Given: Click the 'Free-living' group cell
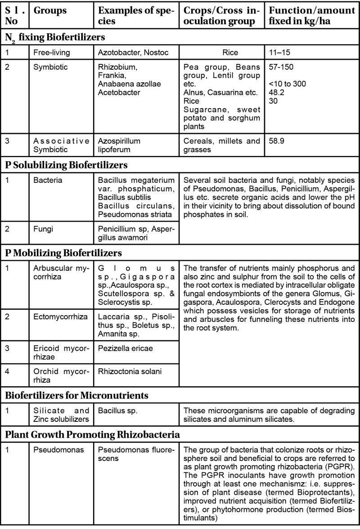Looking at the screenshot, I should coord(52,53).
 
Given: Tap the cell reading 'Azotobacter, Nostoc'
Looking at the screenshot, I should coord(133,53).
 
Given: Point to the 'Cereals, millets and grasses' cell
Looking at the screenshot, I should coord(222,145).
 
